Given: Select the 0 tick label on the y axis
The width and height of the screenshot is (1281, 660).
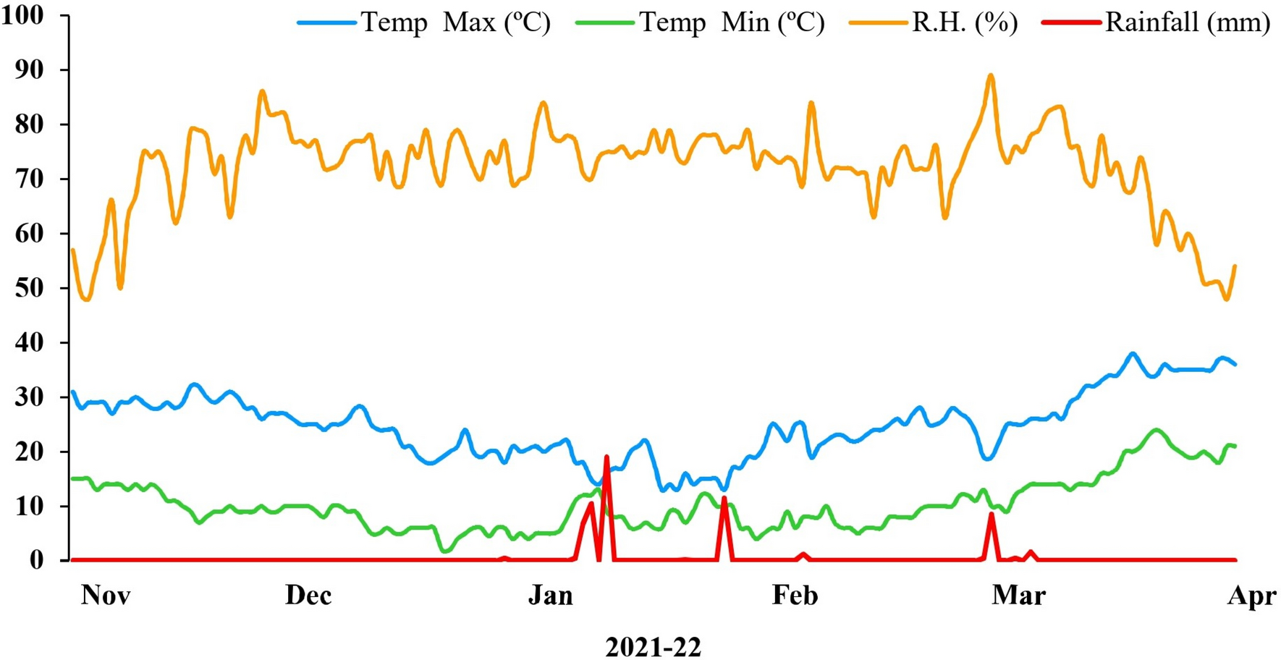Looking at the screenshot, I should [36, 560].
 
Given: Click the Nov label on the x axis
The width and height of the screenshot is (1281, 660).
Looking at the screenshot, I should [106, 596].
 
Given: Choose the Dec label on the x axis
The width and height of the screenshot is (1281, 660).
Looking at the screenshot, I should [308, 596].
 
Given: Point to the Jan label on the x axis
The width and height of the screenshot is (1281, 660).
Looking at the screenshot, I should [551, 596].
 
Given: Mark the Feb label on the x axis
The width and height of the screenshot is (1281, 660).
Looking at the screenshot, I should [795, 596].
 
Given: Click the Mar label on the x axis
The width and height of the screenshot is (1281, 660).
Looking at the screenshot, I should [1018, 596].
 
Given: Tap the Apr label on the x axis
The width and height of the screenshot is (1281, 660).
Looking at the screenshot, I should [1252, 596].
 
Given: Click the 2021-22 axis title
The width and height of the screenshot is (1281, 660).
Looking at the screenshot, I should [653, 647].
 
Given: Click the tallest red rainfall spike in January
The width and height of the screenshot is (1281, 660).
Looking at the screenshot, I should [606, 457].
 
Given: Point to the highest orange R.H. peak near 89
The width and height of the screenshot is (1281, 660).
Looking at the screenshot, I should [991, 75].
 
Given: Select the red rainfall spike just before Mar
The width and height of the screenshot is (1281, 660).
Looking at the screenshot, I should [992, 514].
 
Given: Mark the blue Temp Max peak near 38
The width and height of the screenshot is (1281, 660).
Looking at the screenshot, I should [1133, 354].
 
